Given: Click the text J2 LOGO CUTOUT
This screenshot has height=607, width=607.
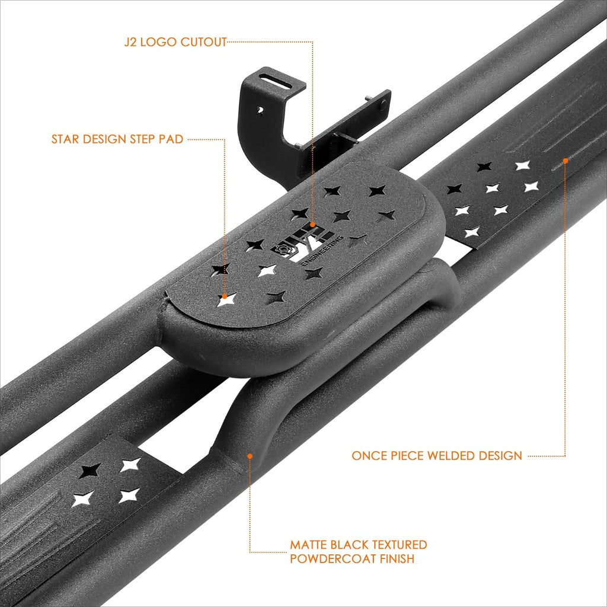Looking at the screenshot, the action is (x=175, y=42).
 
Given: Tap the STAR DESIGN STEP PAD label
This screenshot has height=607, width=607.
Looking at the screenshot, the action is (x=117, y=139).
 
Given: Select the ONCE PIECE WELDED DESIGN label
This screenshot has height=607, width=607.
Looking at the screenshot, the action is (x=437, y=456).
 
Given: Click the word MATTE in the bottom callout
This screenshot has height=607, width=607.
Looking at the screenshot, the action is (x=310, y=545).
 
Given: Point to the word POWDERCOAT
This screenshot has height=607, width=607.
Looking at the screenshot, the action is (x=333, y=559).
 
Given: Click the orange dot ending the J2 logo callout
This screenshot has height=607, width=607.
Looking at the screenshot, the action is (x=312, y=225).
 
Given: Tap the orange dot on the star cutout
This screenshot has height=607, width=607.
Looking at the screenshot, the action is (x=225, y=296).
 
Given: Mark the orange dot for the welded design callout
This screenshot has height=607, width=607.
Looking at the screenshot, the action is (x=565, y=160).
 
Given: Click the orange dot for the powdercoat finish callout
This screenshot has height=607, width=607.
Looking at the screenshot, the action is (x=250, y=456).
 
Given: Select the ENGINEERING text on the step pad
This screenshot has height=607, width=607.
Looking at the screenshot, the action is (x=322, y=250).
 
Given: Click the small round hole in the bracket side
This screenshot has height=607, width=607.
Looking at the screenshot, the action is (x=261, y=111).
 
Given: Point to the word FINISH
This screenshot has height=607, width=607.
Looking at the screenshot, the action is (x=397, y=559).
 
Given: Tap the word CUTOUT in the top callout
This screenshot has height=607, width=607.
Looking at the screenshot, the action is (x=204, y=42).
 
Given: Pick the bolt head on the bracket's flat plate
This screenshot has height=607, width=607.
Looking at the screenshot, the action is (x=383, y=103).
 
